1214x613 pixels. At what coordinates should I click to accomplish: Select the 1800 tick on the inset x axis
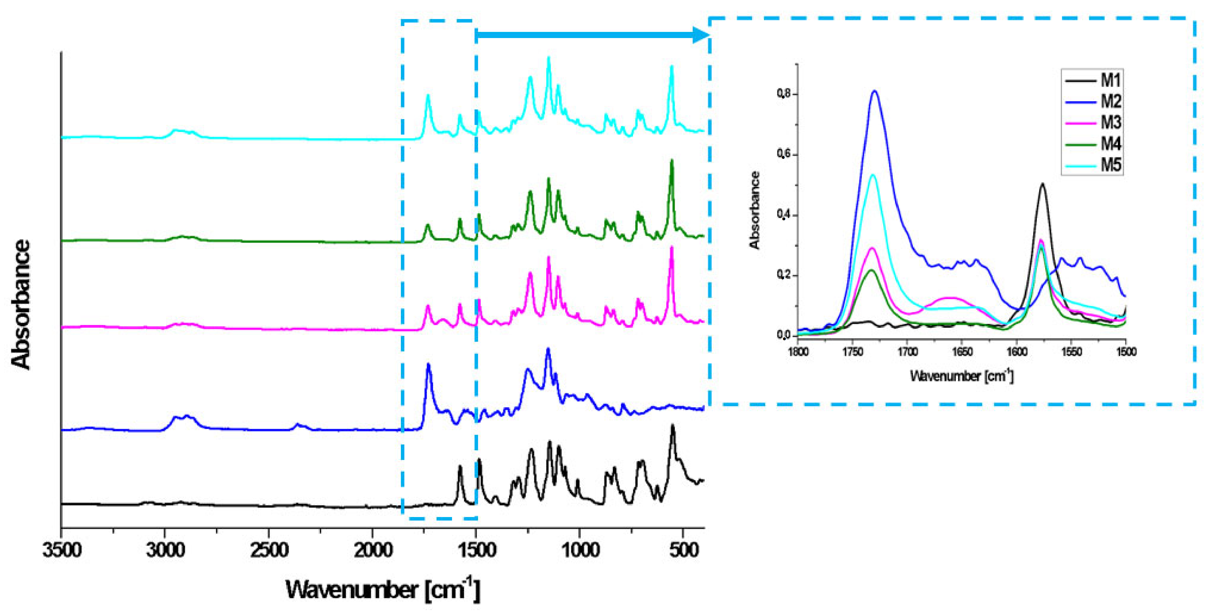click(798, 352)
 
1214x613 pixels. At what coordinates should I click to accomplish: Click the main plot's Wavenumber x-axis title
click(383, 589)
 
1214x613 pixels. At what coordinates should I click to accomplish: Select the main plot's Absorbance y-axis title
click(21, 304)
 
